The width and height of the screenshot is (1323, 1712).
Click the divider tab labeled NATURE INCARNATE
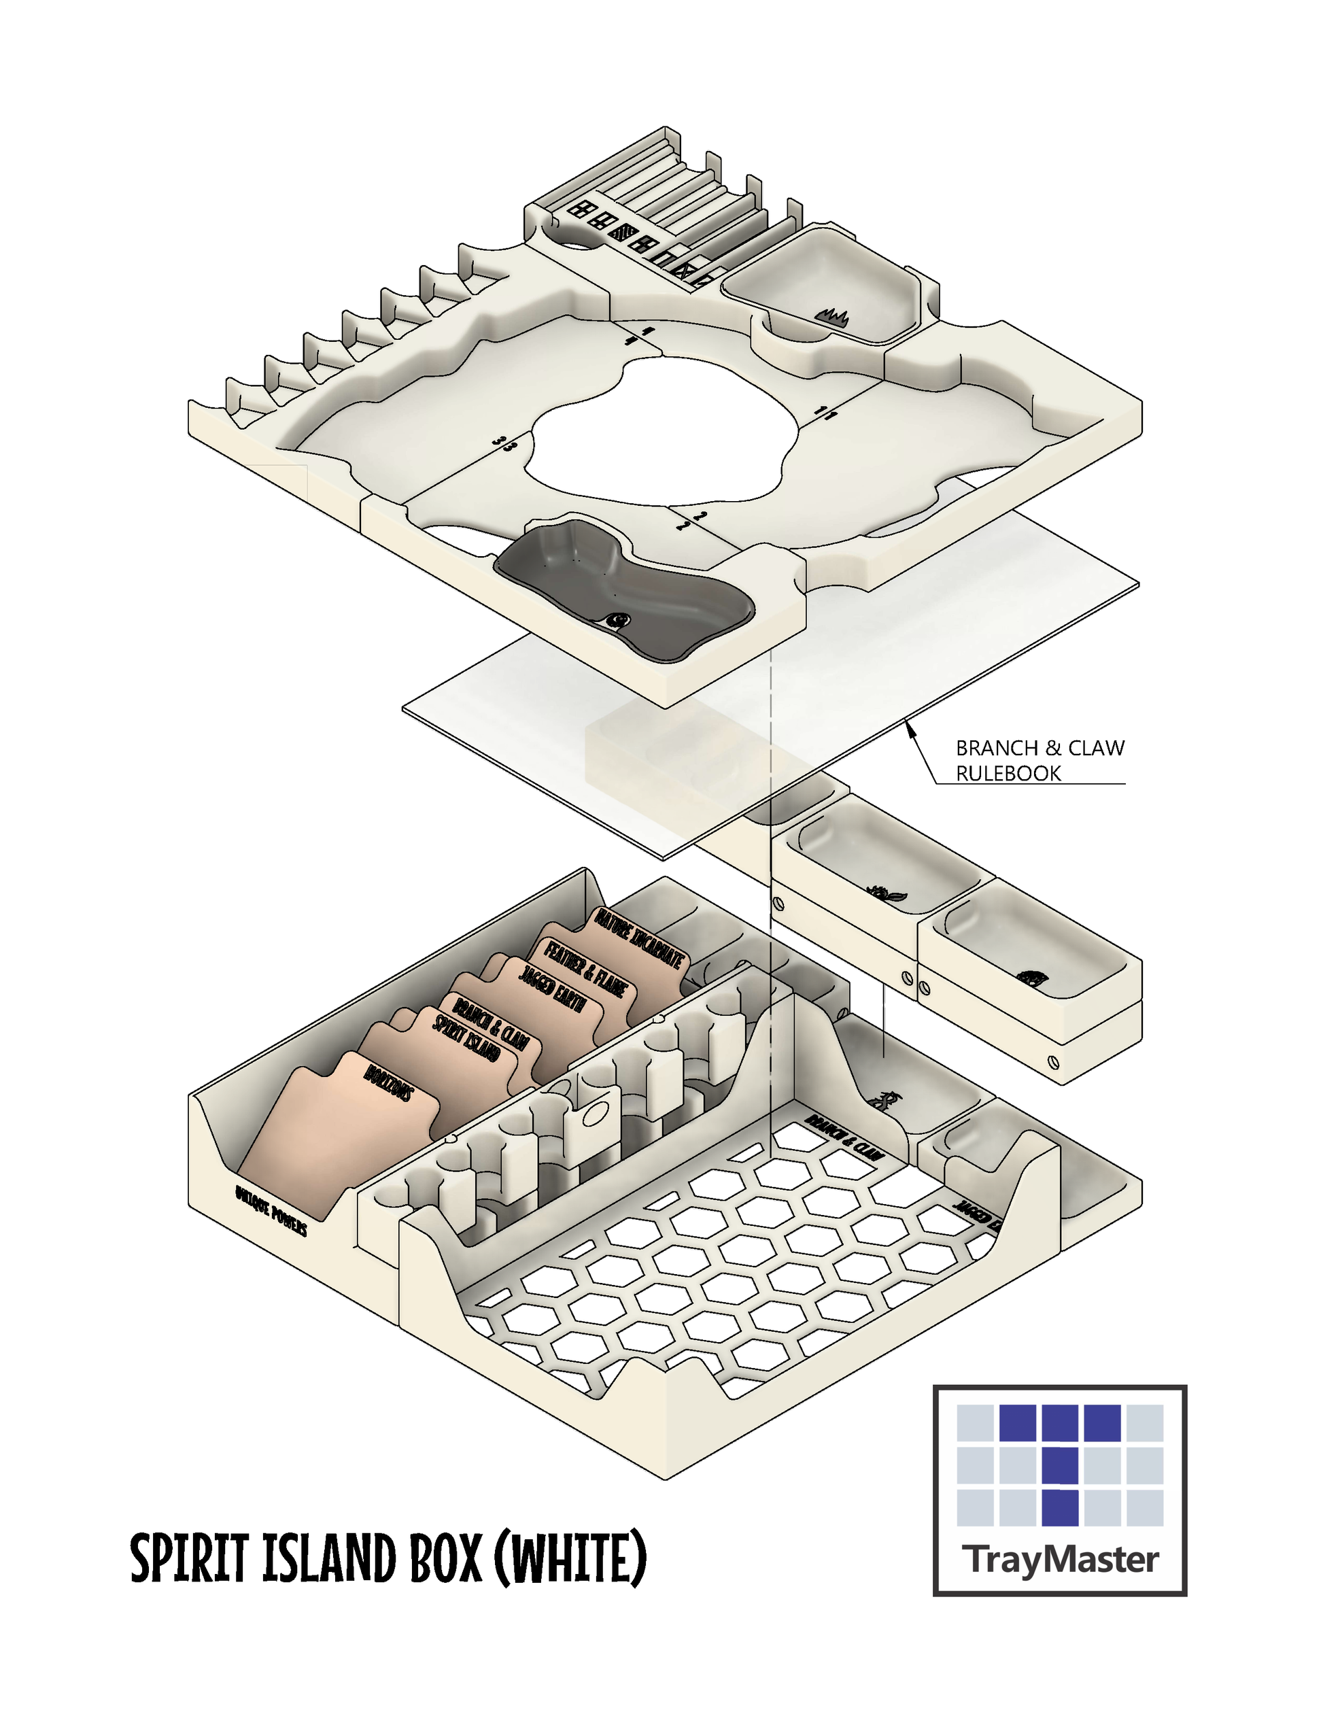[640, 938]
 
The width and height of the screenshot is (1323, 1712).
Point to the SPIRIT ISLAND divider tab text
[467, 1039]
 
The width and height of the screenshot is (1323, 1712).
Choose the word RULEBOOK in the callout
[1008, 774]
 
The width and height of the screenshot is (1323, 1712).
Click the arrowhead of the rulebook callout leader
[910, 727]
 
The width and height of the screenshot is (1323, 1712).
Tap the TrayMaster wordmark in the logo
[1063, 1560]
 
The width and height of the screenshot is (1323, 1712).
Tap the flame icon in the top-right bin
[832, 318]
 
